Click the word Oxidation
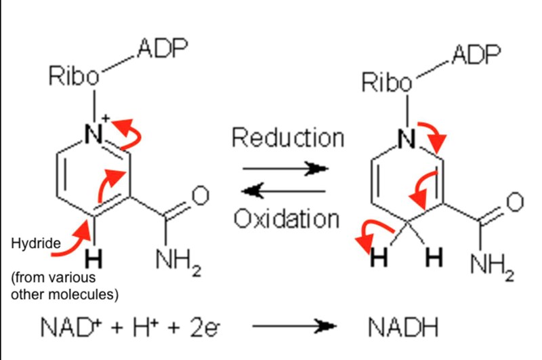click(x=286, y=218)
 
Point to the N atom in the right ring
click(x=406, y=140)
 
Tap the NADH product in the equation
click(x=404, y=327)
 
